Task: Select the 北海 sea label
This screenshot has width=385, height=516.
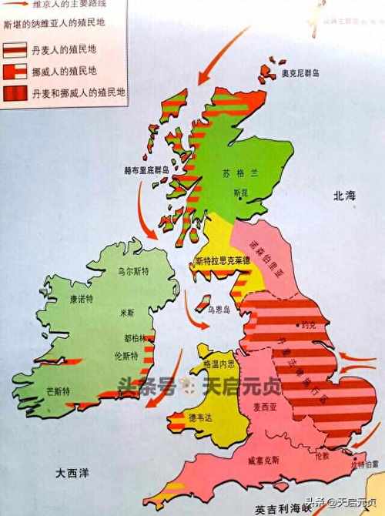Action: click(x=343, y=198)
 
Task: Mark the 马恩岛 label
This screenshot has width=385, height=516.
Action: click(x=226, y=307)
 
